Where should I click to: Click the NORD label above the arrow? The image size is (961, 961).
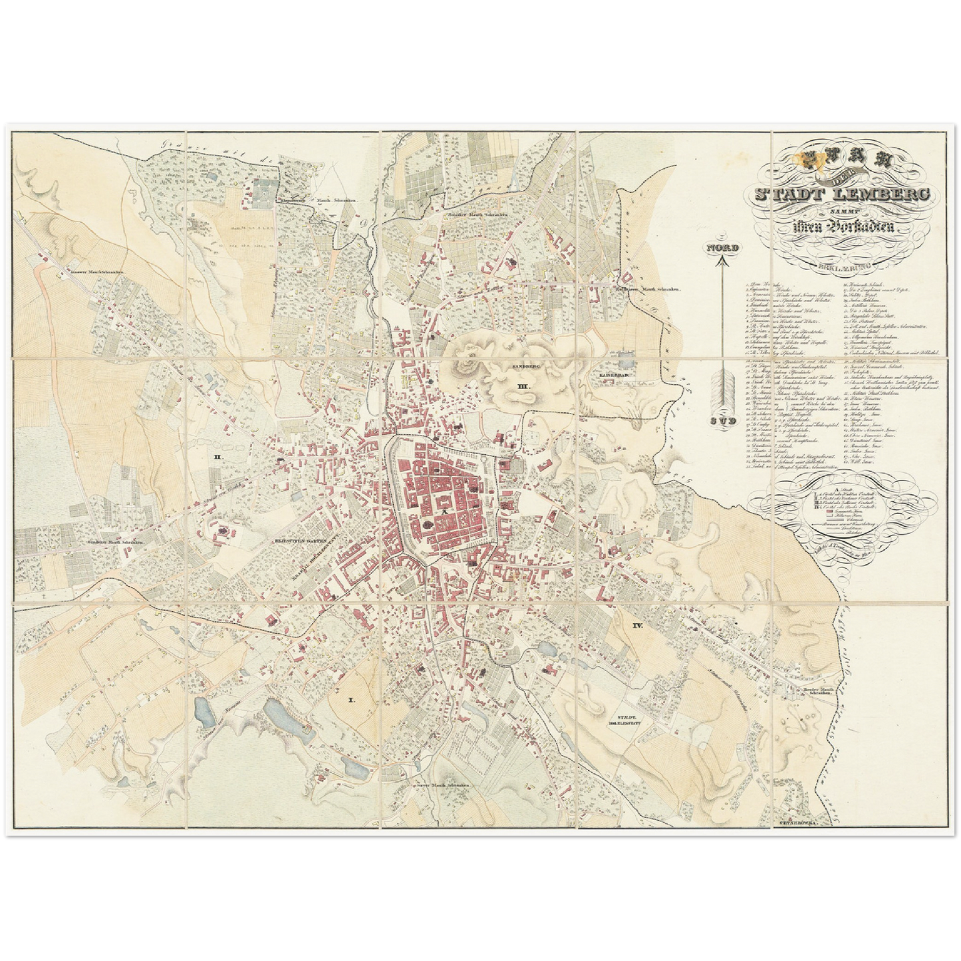pyautogui.click(x=722, y=247)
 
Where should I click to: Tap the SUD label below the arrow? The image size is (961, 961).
pyautogui.click(x=722, y=421)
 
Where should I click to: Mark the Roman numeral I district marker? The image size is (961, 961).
pyautogui.click(x=352, y=700)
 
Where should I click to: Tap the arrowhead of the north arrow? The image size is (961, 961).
pyautogui.click(x=722, y=261)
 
